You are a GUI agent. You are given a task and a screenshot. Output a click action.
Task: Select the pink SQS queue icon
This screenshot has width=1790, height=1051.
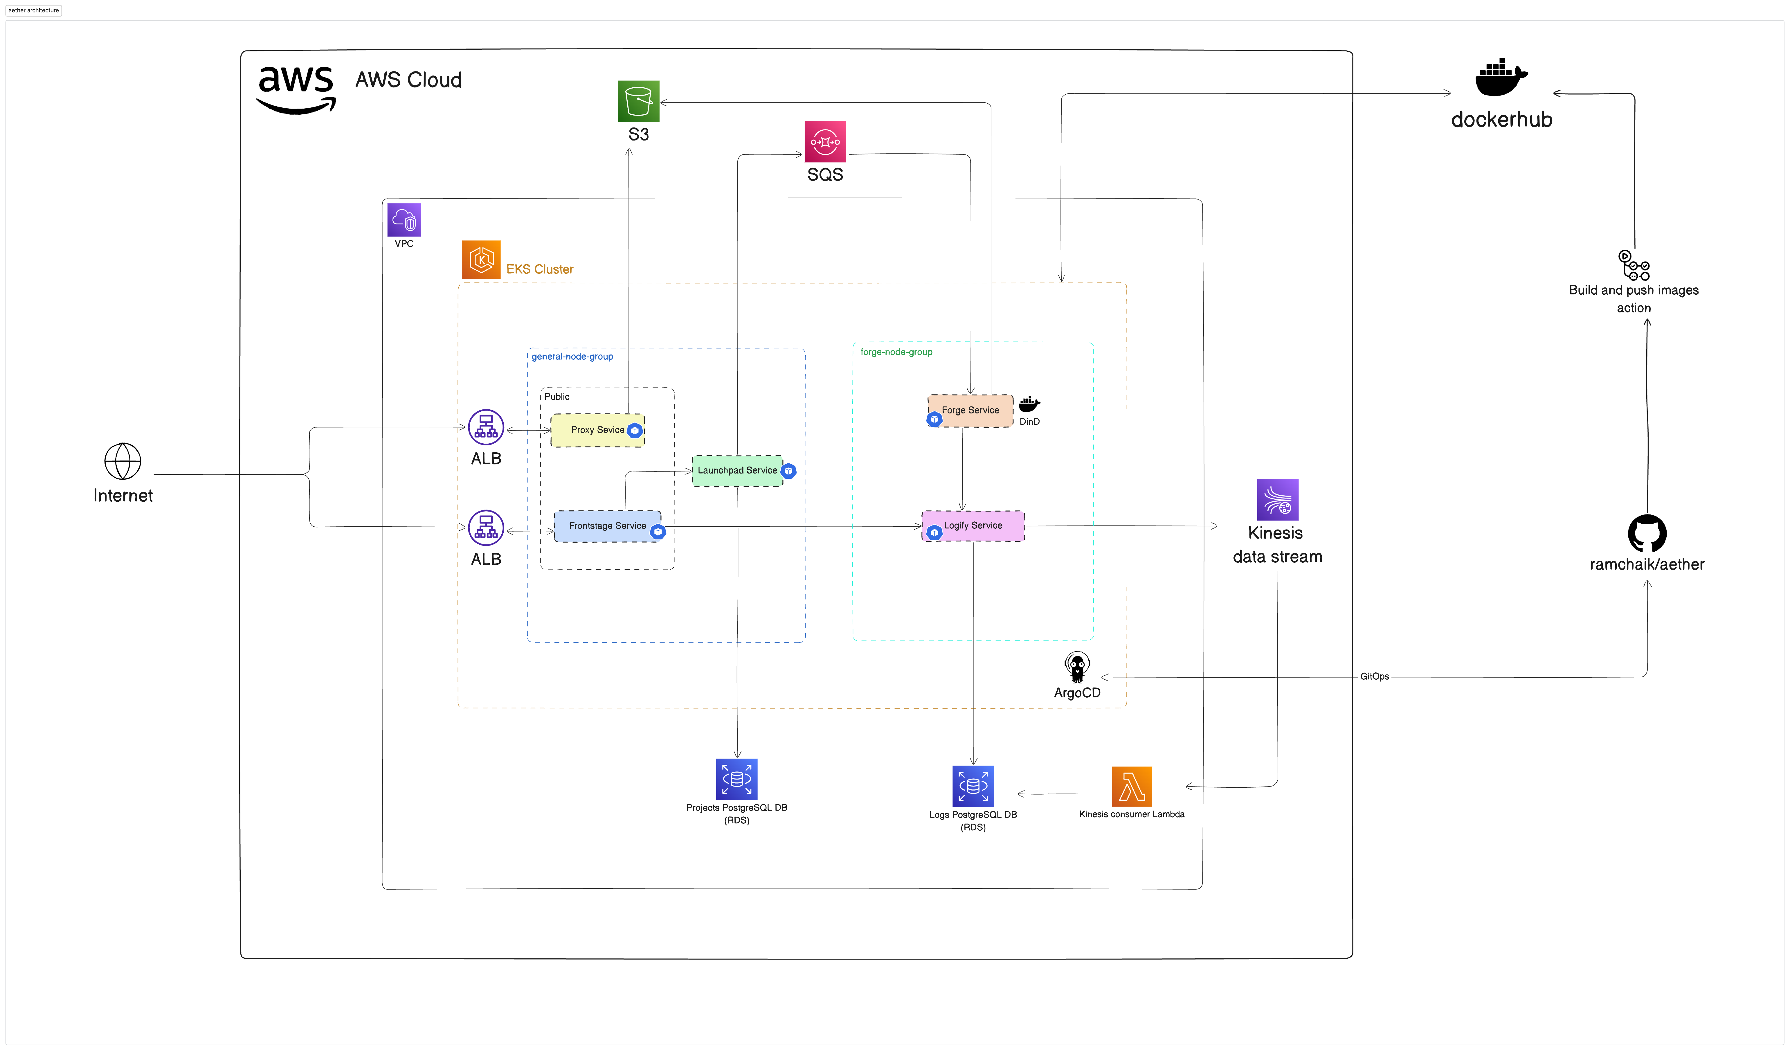pyautogui.click(x=825, y=141)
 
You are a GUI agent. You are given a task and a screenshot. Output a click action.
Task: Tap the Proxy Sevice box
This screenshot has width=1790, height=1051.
pyautogui.click(x=597, y=430)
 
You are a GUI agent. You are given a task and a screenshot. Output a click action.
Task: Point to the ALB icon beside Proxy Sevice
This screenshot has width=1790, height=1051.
pyautogui.click(x=486, y=427)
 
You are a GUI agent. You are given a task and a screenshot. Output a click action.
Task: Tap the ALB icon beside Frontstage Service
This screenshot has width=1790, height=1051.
pyautogui.click(x=486, y=528)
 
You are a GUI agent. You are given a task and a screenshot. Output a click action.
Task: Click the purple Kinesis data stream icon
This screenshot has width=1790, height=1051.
pyautogui.click(x=1277, y=500)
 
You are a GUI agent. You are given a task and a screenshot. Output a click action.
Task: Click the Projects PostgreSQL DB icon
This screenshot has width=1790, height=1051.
pyautogui.click(x=736, y=779)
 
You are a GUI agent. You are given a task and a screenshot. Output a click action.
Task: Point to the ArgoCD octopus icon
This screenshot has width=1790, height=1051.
pyautogui.click(x=1077, y=667)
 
